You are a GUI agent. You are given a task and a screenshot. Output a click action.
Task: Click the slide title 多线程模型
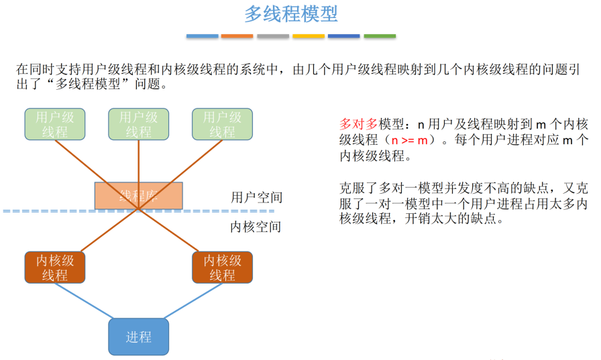[290, 14]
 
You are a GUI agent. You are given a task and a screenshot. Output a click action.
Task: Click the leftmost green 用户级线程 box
[55, 124]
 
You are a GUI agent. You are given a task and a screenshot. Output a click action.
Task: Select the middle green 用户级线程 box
[139, 124]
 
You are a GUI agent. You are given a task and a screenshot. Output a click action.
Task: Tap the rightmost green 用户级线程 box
[222, 124]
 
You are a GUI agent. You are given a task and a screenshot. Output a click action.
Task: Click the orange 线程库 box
[139, 195]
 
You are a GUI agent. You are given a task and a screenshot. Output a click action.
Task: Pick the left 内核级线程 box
[55, 267]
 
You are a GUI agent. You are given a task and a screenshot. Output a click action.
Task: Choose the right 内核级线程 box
[222, 267]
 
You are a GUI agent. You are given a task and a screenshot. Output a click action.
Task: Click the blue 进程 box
[139, 337]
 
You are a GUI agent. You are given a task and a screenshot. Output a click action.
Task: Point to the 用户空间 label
[256, 197]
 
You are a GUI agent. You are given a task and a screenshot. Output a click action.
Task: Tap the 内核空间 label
[256, 227]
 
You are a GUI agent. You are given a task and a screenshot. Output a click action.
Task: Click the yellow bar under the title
[308, 36]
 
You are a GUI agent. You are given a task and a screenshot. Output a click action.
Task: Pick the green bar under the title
[379, 36]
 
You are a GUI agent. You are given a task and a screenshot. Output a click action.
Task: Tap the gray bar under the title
[272, 36]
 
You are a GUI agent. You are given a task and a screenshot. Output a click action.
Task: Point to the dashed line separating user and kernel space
[67, 211]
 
